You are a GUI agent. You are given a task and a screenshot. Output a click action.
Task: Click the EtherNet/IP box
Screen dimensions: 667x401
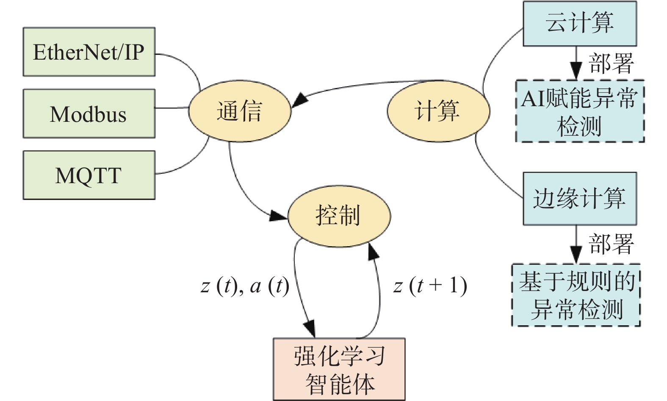(89, 52)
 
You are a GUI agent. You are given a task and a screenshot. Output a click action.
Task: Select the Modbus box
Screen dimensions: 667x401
(89, 113)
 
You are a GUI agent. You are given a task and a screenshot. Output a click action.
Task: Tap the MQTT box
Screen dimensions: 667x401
(89, 175)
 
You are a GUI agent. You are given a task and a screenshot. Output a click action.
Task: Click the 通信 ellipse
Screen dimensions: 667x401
(239, 111)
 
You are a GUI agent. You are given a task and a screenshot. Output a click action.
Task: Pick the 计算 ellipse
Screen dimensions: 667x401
(438, 111)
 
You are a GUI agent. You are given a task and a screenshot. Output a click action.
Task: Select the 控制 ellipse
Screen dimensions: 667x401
(339, 216)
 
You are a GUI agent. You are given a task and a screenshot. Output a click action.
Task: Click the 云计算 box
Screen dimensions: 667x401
(580, 24)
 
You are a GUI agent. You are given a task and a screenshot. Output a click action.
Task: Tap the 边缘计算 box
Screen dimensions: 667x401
(580, 198)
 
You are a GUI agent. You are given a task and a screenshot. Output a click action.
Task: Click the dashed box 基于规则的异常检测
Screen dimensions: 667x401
(576, 295)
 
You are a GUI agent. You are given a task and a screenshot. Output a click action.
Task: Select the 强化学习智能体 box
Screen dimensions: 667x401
(339, 369)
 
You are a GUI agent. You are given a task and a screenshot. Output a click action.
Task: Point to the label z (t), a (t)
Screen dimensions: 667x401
(245, 286)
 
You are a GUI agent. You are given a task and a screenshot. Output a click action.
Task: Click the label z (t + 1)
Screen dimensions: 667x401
(430, 286)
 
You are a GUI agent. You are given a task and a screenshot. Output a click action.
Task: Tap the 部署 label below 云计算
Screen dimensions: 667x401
(611, 63)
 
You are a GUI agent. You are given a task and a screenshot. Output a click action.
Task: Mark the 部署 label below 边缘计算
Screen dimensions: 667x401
(611, 244)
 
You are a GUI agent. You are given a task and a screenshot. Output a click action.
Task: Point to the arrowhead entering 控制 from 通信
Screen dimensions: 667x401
(278, 216)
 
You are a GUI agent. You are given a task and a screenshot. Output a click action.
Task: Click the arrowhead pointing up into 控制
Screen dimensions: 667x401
(373, 252)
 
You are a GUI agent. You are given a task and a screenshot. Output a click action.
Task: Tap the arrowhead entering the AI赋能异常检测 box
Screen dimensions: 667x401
(576, 71)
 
